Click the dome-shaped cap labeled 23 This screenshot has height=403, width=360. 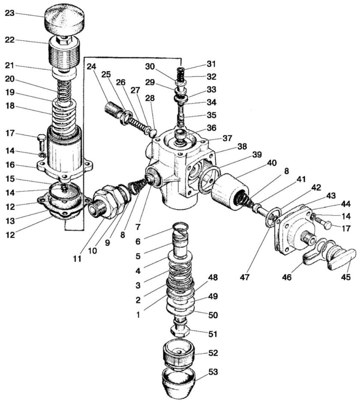pyautogui.click(x=65, y=18)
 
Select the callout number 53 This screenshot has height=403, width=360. pyautogui.click(x=212, y=372)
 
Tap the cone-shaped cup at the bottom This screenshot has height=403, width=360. pyautogui.click(x=178, y=382)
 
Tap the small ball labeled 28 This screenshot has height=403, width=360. pyautogui.click(x=153, y=133)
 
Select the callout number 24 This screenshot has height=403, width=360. pyautogui.click(x=91, y=67)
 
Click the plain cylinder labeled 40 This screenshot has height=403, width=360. pyautogui.click(x=230, y=191)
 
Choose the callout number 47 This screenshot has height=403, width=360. pyautogui.click(x=245, y=277)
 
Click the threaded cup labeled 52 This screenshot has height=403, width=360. pyautogui.click(x=179, y=355)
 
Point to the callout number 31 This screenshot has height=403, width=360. pyautogui.click(x=211, y=63)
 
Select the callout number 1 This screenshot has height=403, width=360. pyautogui.click(x=138, y=314)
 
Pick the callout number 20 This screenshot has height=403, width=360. pyautogui.click(x=10, y=79)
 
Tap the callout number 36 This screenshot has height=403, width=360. pyautogui.click(x=211, y=128)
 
